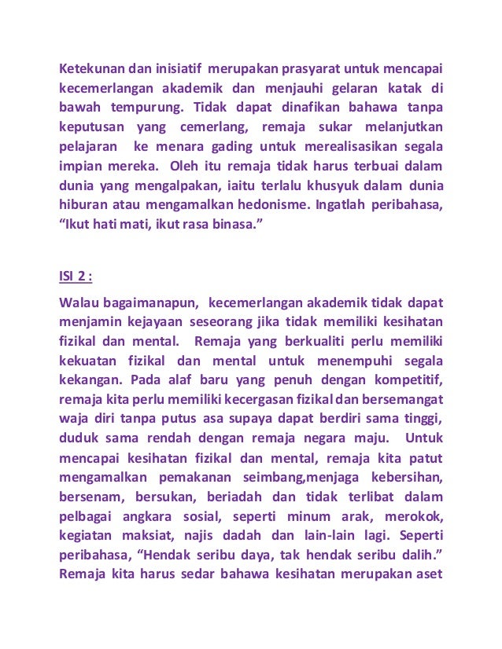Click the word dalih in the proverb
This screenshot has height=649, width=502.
point(422,559)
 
